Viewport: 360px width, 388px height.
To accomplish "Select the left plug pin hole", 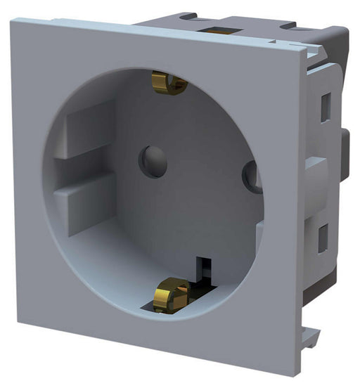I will click(x=153, y=161).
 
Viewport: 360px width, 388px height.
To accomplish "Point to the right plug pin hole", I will click(x=252, y=176).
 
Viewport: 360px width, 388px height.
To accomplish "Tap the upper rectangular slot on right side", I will click(x=326, y=107).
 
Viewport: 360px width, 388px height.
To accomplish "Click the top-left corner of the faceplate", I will click(x=12, y=20).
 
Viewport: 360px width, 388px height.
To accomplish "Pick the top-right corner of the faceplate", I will click(x=308, y=48).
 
